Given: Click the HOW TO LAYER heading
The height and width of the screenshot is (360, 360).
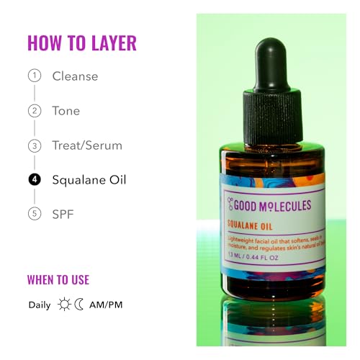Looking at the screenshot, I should click(81, 42).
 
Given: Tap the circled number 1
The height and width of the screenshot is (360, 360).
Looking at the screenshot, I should click(34, 76).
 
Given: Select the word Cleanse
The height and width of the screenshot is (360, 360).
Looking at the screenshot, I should click(75, 76).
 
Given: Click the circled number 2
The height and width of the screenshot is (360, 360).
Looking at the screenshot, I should click(34, 111).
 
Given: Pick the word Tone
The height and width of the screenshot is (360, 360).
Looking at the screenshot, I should click(66, 111).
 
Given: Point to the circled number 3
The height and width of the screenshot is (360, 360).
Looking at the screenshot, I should click(34, 145).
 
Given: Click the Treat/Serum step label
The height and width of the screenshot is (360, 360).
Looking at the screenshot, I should click(87, 145).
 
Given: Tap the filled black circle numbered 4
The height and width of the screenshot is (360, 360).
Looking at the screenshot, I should click(34, 180).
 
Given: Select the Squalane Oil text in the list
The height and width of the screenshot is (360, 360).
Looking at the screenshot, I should click(89, 180).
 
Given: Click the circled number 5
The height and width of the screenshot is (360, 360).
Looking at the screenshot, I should click(34, 215).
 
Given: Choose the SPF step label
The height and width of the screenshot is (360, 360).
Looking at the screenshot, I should click(63, 215).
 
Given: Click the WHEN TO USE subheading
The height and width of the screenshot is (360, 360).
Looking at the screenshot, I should click(58, 280).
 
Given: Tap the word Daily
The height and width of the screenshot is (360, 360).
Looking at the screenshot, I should click(40, 305).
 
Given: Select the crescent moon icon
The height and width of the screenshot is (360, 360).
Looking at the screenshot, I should click(79, 305).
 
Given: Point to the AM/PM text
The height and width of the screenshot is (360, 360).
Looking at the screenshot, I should click(106, 305).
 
